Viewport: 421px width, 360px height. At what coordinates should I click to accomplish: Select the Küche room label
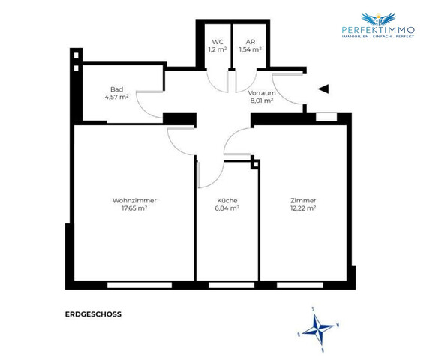227,200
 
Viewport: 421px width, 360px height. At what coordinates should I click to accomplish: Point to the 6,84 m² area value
227,209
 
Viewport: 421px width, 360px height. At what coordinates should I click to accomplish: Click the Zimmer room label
303,200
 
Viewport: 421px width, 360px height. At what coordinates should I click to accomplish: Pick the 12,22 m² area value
303,209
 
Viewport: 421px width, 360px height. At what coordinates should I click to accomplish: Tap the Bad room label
116,88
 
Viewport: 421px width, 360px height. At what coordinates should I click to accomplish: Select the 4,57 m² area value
116,96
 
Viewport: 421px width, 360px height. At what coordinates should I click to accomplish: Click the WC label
218,42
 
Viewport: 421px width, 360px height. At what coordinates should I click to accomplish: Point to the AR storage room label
250,42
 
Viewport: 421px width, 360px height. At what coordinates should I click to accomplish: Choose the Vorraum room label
262,91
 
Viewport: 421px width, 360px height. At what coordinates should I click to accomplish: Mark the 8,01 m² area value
262,100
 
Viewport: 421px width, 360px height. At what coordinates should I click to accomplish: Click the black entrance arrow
323,88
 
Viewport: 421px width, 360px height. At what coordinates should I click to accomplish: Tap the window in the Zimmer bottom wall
300,285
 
